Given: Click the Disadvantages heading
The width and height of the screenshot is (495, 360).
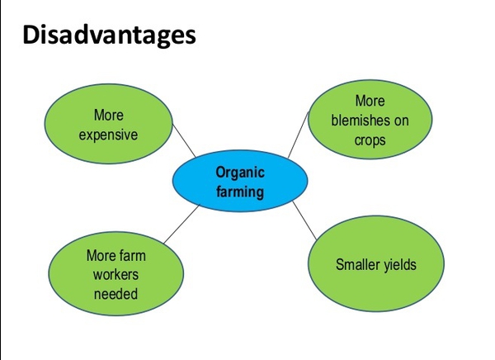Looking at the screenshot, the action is click(109, 36).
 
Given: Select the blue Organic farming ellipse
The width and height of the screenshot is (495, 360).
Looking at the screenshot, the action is click(240, 181).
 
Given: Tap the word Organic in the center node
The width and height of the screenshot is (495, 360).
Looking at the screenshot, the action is click(240, 173).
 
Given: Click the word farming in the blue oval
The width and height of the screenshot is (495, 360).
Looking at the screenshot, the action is click(240, 192).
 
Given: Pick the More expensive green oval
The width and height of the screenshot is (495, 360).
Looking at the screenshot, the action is click(109, 124).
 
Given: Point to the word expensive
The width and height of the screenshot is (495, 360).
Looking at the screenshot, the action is click(108, 135).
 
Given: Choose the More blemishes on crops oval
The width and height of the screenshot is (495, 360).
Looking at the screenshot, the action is click(370, 120).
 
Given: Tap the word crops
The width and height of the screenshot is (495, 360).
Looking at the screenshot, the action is click(370, 140).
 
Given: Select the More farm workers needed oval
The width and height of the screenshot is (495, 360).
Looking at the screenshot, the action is click(115, 273).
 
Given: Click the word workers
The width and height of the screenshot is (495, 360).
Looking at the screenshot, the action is click(115, 274).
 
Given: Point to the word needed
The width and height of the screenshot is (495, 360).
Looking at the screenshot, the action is click(115, 294).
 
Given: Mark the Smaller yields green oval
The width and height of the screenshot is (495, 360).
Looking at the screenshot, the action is click(376, 263).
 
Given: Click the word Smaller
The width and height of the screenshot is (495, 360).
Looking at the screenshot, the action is click(357, 264).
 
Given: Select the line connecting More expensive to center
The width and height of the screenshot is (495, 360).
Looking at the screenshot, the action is click(184, 140).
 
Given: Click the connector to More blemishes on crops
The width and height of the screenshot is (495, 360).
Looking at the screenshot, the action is click(298, 135).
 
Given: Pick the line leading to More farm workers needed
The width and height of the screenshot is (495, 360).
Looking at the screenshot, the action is click(181, 224).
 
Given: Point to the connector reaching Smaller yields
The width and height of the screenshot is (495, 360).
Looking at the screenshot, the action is click(304, 220).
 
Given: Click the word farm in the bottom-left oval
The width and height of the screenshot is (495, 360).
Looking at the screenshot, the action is click(133, 255).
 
